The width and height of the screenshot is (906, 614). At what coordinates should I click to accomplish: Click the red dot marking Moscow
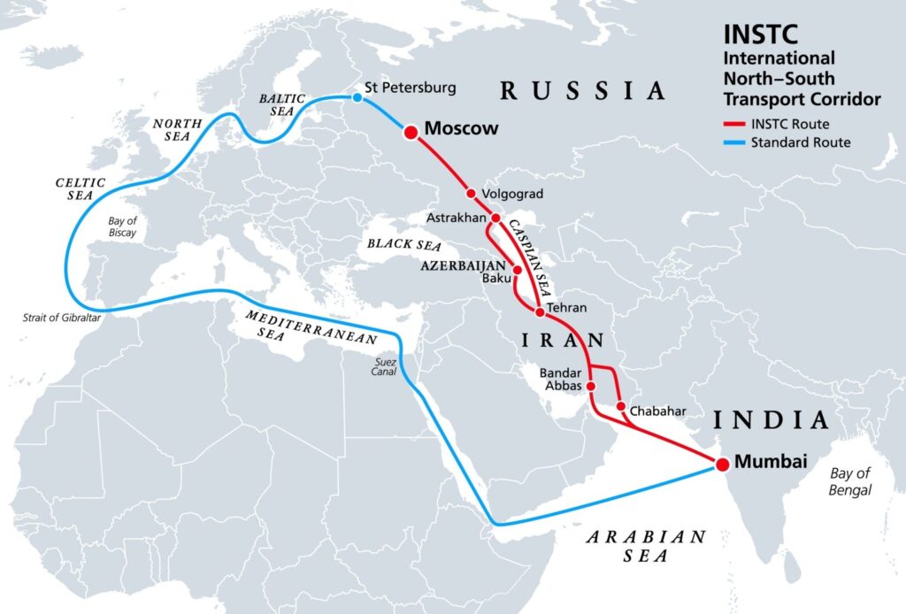[x=411, y=132]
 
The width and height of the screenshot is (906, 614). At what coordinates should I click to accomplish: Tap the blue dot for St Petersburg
[x=357, y=97]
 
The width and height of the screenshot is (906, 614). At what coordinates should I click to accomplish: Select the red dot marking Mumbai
[x=722, y=464]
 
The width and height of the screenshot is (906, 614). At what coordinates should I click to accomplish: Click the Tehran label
[x=567, y=309]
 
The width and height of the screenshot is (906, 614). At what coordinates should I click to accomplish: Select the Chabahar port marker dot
[x=621, y=407]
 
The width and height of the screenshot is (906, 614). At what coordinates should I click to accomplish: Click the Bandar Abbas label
[x=562, y=379]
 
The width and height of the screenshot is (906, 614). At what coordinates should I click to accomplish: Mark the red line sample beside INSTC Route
[x=736, y=125]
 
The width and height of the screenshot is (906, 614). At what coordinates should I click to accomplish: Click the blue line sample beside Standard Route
[x=736, y=142]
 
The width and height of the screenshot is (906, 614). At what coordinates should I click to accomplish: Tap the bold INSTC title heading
[x=760, y=35]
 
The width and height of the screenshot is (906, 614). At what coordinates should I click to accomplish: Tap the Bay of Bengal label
[x=850, y=481]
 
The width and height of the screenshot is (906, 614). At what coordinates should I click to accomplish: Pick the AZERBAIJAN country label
[x=462, y=265]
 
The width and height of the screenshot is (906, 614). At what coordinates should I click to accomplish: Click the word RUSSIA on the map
[x=582, y=89]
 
